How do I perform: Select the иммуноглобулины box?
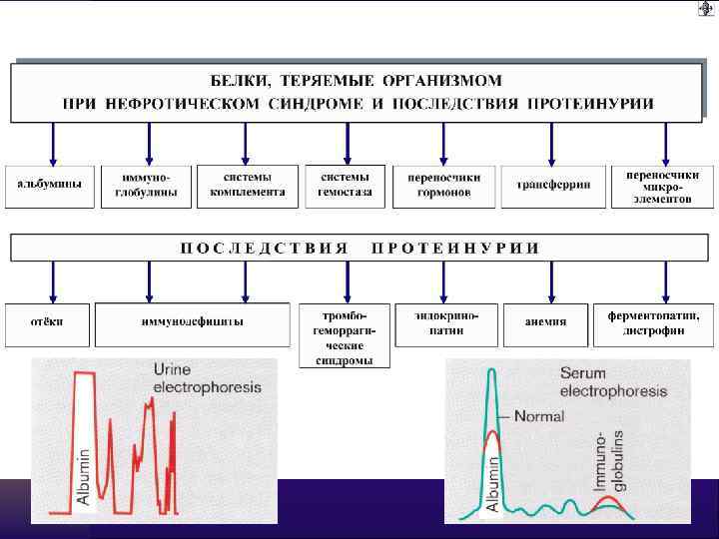point(146,185)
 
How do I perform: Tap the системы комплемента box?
point(248,185)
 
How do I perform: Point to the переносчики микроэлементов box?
point(655,185)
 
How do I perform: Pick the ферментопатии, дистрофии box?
point(655,322)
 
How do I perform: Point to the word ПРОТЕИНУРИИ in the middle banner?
point(455,247)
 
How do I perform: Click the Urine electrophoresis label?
point(207,377)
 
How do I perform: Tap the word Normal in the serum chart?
point(539,415)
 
